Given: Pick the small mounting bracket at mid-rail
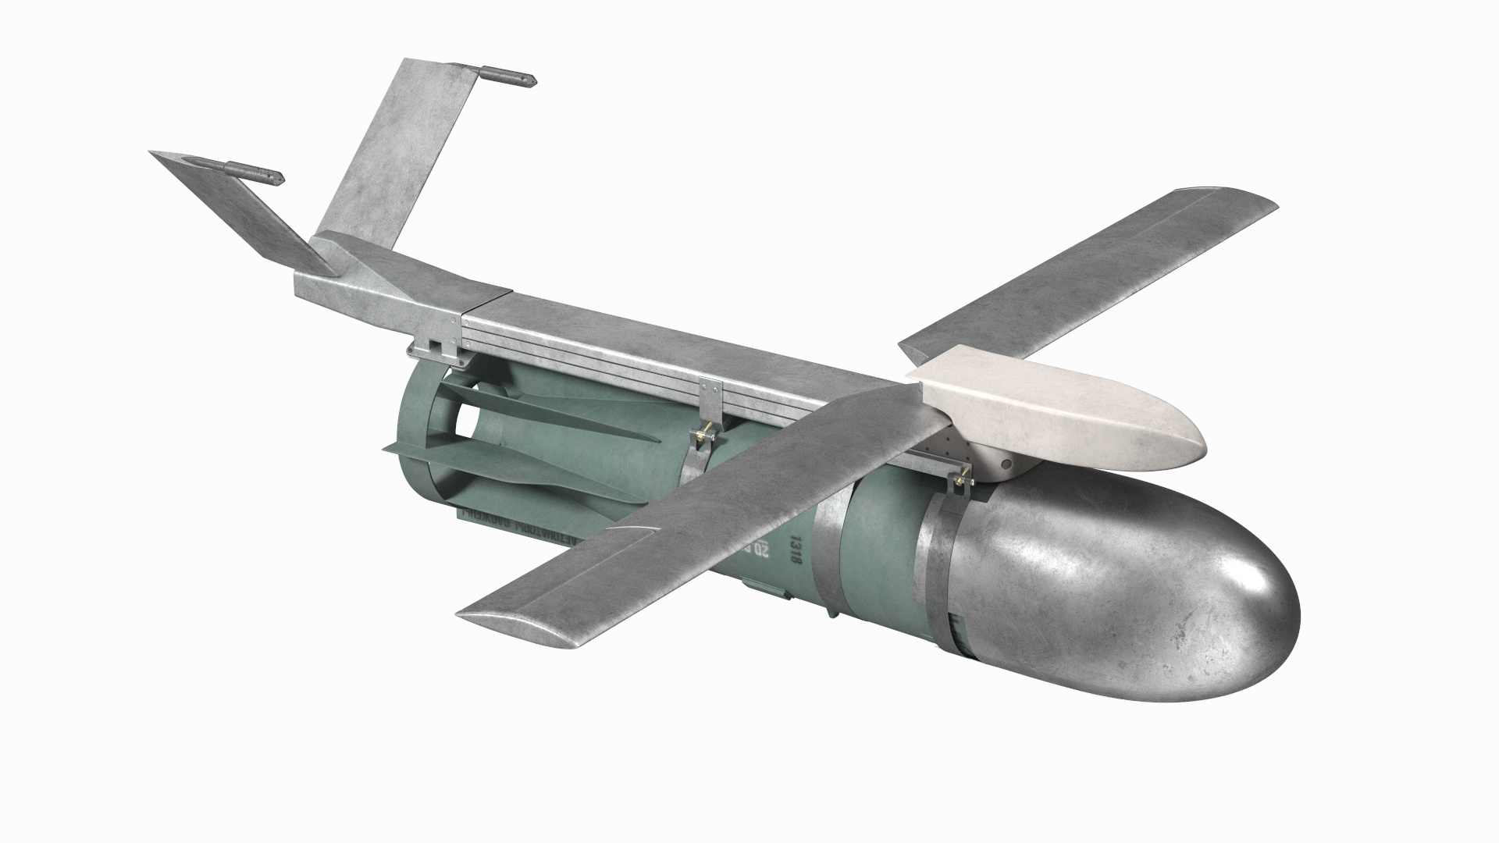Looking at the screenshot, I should coord(711,398).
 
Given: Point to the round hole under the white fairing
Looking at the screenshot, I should coord(1007,467).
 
